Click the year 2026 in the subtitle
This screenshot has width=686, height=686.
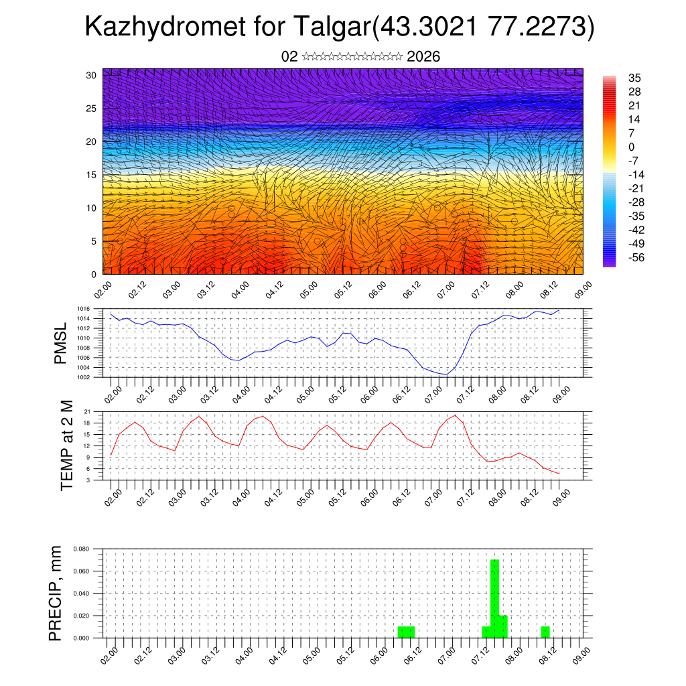423,57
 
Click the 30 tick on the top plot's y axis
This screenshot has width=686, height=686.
92,75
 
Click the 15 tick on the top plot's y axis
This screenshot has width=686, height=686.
92,175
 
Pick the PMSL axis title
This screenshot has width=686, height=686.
61,342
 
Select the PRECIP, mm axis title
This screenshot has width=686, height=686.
56,593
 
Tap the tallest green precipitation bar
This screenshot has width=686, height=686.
495,598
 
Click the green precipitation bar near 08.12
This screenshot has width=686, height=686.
545,632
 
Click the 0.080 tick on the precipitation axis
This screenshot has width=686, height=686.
82,549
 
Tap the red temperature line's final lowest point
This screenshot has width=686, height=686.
559,474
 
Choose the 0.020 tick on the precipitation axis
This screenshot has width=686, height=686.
82,616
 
